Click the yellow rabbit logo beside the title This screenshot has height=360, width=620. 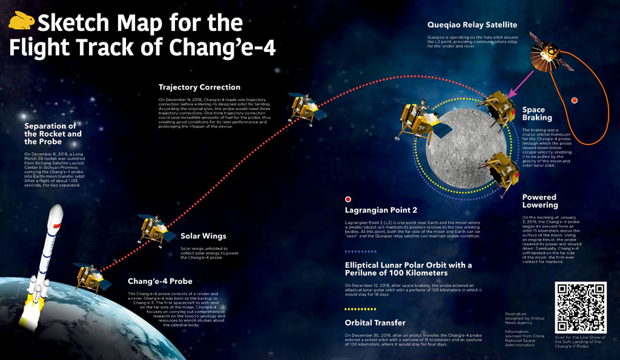[x=21, y=21]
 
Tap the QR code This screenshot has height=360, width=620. [x=581, y=307]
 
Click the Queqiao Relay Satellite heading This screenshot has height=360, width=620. [x=472, y=25]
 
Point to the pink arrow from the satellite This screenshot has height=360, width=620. [x=521, y=85]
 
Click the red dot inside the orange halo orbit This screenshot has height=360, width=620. [x=575, y=100]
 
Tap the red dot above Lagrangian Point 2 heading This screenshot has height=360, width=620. [x=348, y=199]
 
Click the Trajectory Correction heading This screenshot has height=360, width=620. [x=199, y=87]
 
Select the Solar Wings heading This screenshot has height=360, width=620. [x=203, y=236]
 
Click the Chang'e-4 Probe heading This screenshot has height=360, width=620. [x=160, y=281]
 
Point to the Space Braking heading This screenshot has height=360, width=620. [x=537, y=114]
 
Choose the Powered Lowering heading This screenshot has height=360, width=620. [x=540, y=201]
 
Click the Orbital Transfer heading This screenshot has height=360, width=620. [x=375, y=323]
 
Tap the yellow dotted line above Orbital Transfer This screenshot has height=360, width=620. [x=360, y=309]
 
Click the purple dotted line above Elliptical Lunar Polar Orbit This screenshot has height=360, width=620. [x=360, y=251]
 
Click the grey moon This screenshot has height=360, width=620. [x=467, y=148]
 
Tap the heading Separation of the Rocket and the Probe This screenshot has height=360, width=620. [x=53, y=134]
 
